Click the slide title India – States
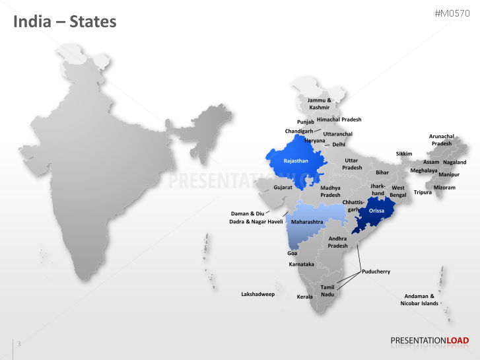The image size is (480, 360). point(65,22)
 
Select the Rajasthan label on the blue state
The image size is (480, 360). point(296,161)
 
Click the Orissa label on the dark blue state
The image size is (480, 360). point(376,211)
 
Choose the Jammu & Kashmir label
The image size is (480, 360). point(320,104)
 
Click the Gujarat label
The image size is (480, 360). point(283,188)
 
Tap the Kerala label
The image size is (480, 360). point(304,297)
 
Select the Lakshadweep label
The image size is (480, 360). point(257,294)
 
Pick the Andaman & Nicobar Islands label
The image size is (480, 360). point(419,300)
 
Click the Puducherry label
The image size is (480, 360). point(376,271)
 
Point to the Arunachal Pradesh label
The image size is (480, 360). point(442,139)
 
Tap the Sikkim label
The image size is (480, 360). point(404,154)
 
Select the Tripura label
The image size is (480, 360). point(423,192)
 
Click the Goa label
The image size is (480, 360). point(292,253)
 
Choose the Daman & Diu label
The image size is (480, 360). point(248,213)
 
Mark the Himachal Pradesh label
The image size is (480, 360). point(339,120)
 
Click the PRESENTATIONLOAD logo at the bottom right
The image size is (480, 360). point(429,341)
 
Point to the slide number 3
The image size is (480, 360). point(19,343)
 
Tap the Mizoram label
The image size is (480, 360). point(444,188)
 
